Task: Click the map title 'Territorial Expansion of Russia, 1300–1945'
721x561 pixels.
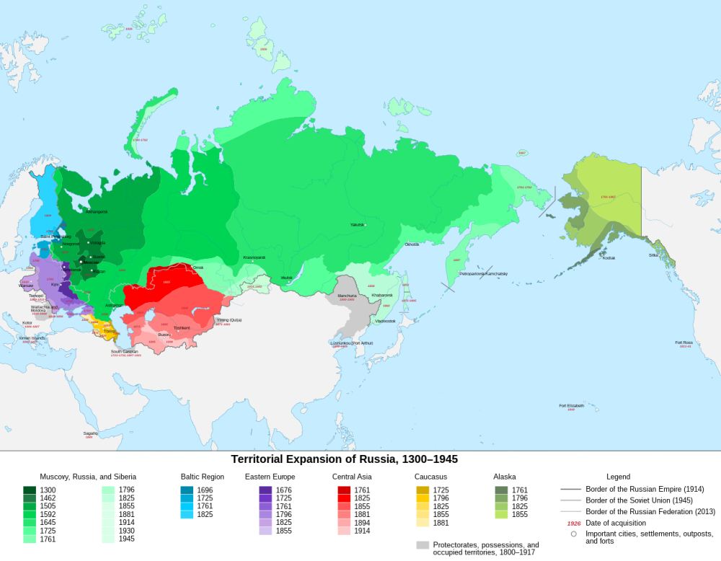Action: [x=344, y=459]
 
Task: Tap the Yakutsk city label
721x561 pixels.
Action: [x=356, y=225]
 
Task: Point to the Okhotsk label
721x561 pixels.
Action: [x=412, y=244]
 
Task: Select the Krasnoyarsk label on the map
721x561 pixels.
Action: [x=254, y=257]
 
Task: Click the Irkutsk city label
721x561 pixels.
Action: [x=286, y=278]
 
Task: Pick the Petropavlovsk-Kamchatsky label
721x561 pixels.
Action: [x=484, y=273]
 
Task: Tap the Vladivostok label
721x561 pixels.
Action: [x=385, y=321]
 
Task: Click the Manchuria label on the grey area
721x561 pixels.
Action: [x=347, y=296]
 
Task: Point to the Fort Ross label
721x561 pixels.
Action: [x=684, y=343]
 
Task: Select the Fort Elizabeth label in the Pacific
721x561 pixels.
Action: [x=571, y=405]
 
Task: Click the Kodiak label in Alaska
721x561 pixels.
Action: [x=609, y=257]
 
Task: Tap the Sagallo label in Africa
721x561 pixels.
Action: [x=90, y=433]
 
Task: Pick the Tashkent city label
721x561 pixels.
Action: [x=182, y=328]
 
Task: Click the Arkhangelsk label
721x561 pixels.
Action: [x=97, y=211]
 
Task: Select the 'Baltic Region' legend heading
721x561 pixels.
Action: [x=202, y=477]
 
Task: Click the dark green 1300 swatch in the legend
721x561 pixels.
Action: [x=30, y=490]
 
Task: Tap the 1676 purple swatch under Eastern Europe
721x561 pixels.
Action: [x=265, y=490]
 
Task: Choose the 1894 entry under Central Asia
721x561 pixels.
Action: [x=362, y=523]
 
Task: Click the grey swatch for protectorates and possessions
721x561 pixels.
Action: [x=423, y=545]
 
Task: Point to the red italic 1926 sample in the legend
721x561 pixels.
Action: [x=574, y=523]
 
